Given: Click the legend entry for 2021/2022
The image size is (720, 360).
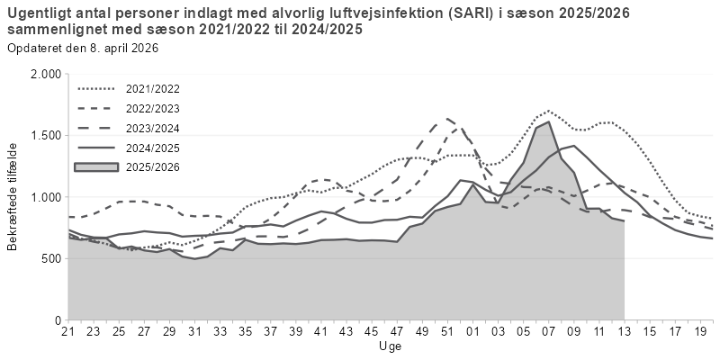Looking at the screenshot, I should [x=154, y=89].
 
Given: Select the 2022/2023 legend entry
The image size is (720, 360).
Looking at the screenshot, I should [x=154, y=109].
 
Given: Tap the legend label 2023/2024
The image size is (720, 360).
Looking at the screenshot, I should [x=154, y=128].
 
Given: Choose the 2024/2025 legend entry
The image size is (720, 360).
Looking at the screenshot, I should [x=154, y=148].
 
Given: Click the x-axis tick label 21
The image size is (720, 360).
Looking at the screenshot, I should [x=68, y=331].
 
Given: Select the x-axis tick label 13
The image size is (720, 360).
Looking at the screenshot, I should [x=624, y=331].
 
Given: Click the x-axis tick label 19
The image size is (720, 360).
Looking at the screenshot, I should [x=698, y=331].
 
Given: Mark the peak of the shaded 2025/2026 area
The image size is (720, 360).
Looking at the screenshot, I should [x=549, y=121].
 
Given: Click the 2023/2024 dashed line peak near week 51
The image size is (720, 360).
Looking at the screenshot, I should [x=445, y=118].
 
